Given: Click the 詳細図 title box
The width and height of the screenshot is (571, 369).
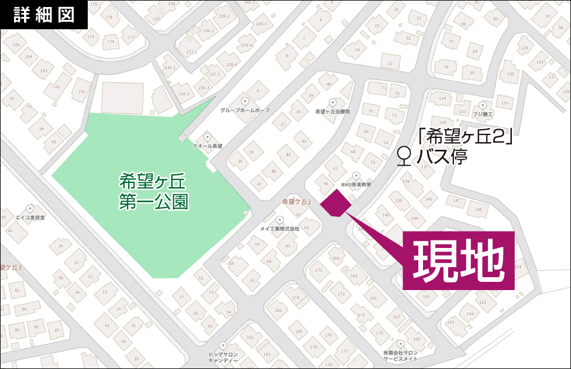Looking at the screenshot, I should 44,15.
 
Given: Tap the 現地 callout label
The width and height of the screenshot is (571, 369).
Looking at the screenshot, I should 459,260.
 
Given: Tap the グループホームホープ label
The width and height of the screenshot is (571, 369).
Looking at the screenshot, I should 245,110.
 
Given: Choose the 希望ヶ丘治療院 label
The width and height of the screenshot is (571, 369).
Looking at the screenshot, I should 332,111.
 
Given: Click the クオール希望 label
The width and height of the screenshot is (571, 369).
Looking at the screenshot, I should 208,146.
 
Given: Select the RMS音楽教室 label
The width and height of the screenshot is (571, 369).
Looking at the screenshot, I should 356,185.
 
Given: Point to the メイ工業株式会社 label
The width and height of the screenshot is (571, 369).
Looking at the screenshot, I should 280,229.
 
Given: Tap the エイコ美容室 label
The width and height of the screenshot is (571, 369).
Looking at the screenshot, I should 30,218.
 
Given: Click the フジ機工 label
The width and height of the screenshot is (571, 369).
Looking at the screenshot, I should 483,114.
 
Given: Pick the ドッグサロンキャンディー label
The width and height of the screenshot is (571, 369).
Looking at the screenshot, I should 222,357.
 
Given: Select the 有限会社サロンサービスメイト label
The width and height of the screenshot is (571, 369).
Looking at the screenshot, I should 401,356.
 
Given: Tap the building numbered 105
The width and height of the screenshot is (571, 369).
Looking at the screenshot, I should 16,44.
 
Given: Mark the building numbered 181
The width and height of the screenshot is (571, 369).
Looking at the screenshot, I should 278,310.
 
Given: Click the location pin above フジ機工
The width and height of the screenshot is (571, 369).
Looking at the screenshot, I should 483,105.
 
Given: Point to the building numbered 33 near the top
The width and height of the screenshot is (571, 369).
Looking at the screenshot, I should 390,63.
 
